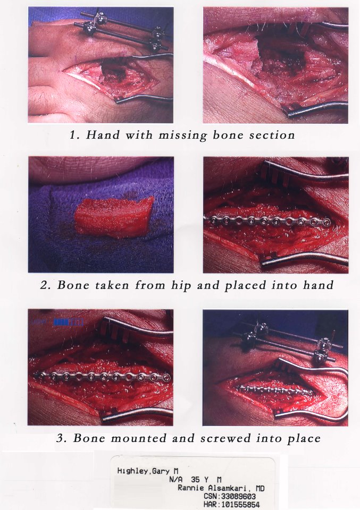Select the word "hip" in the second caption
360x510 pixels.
coord(181,285)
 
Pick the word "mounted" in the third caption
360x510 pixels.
coord(138,438)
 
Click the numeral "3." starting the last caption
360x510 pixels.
coord(62,438)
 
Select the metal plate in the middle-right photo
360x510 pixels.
coord(267,222)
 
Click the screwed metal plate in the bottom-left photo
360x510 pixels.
coord(103,377)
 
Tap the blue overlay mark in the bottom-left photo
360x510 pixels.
coord(69,322)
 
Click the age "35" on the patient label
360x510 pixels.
coord(196,479)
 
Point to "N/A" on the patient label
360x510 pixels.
coord(176,479)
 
